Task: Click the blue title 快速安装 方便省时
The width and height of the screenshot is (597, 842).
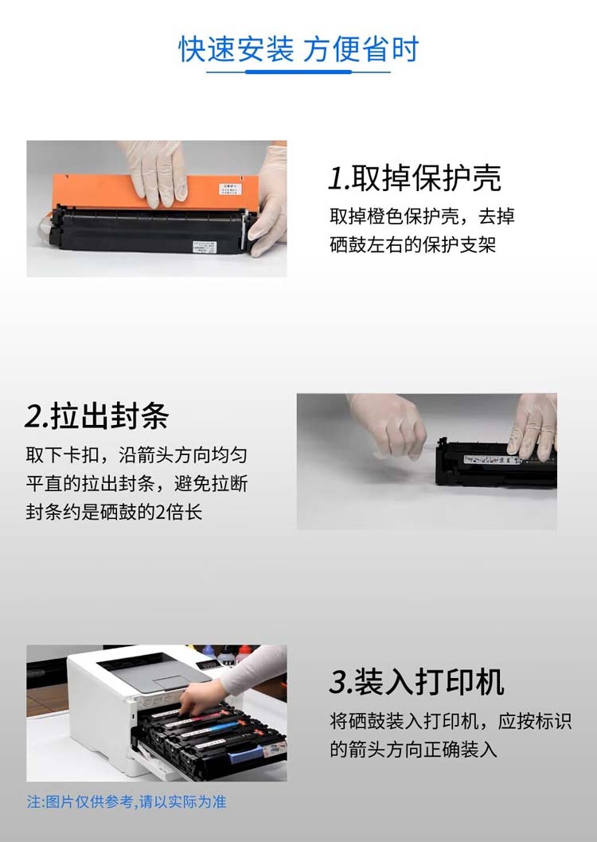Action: [298, 50]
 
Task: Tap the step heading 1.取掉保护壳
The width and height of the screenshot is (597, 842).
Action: [415, 178]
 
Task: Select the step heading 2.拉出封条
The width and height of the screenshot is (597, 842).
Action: [96, 416]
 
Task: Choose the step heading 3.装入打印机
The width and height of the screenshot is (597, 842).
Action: [416, 682]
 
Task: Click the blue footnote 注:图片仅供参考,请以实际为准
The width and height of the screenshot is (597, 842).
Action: [127, 802]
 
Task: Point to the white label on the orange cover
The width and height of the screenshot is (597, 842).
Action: [230, 189]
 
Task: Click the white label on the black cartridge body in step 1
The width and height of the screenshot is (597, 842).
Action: [205, 247]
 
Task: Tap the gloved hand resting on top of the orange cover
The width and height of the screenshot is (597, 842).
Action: [156, 172]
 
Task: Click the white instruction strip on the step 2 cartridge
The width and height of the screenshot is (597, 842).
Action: [491, 460]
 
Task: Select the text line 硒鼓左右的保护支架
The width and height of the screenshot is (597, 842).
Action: [413, 244]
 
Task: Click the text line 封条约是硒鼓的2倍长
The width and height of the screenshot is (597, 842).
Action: [114, 512]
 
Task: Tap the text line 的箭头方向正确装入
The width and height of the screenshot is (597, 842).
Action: [413, 749]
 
